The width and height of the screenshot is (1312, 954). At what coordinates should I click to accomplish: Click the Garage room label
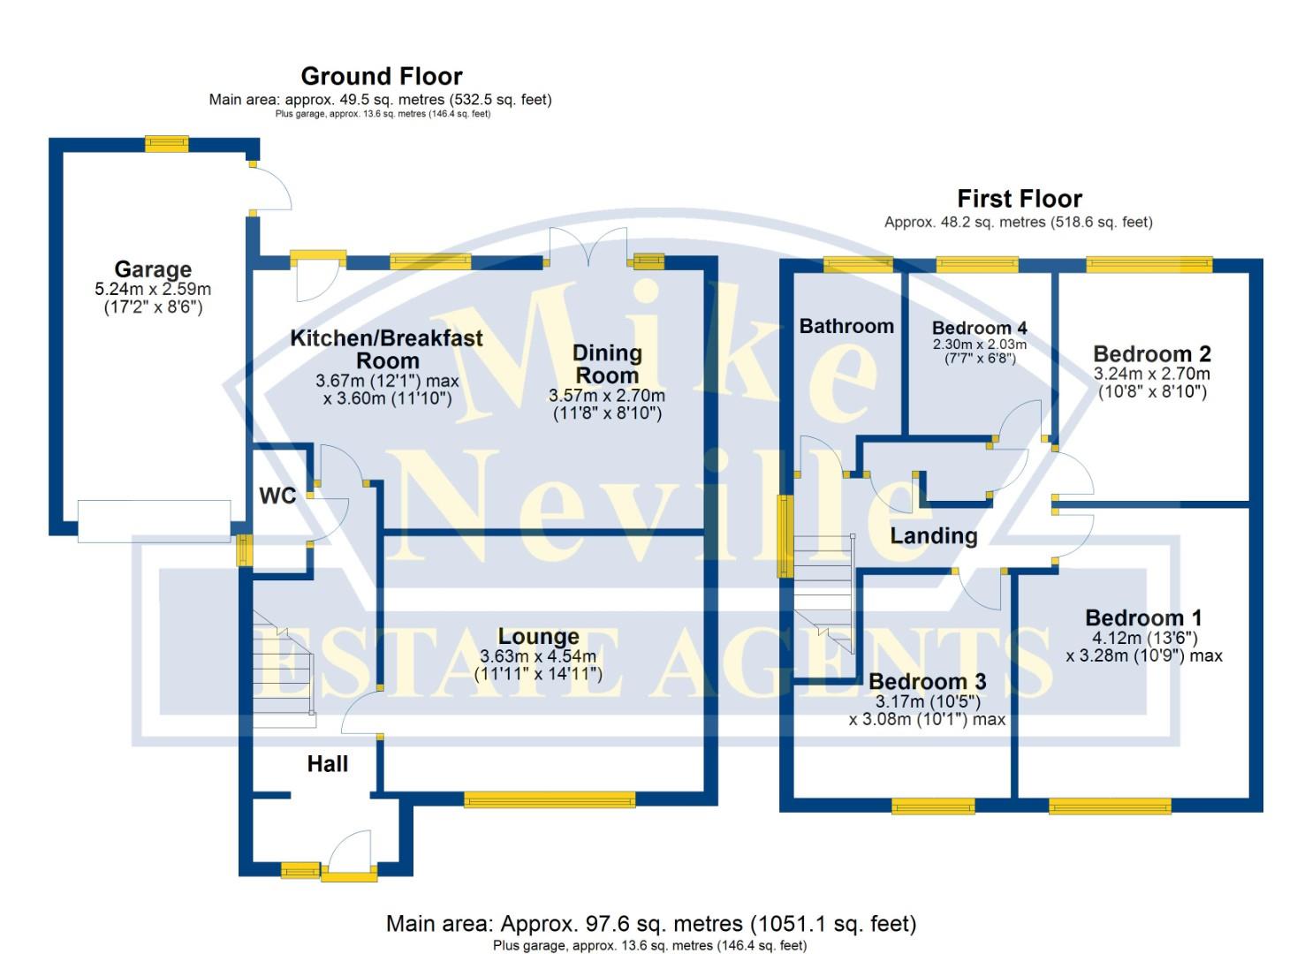pyautogui.click(x=153, y=269)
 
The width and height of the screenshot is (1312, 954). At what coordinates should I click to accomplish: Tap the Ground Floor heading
pyautogui.click(x=381, y=76)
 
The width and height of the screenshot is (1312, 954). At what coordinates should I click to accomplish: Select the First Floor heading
pyautogui.click(x=1019, y=199)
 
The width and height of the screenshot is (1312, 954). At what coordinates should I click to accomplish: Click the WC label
pyautogui.click(x=277, y=496)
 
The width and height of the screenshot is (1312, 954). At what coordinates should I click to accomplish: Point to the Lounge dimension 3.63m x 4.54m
pyautogui.click(x=538, y=656)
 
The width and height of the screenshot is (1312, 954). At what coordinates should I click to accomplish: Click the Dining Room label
pyautogui.click(x=607, y=364)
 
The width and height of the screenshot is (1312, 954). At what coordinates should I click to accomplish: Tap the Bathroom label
pyautogui.click(x=846, y=326)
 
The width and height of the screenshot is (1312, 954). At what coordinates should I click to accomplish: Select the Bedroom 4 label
pyautogui.click(x=979, y=329)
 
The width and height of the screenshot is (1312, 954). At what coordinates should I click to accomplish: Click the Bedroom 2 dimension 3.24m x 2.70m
pyautogui.click(x=1152, y=375)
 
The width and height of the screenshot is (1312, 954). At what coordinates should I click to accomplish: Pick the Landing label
pyautogui.click(x=933, y=535)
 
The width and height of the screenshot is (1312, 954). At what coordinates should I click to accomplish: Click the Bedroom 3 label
pyautogui.click(x=927, y=682)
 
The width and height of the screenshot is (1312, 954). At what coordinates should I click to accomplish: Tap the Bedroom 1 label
pyautogui.click(x=1143, y=617)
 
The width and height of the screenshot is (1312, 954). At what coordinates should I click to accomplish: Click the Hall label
pyautogui.click(x=327, y=764)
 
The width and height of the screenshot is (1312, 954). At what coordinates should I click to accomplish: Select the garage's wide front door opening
pyautogui.click(x=154, y=521)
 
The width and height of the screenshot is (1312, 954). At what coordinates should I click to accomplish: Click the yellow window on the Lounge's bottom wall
pyautogui.click(x=550, y=800)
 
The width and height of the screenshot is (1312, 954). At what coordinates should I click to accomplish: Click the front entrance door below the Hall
pyautogui.click(x=349, y=857)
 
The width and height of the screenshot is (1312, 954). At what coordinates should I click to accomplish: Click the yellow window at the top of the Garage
pyautogui.click(x=167, y=143)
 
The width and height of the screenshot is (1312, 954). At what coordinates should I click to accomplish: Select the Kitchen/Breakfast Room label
pyautogui.click(x=387, y=349)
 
